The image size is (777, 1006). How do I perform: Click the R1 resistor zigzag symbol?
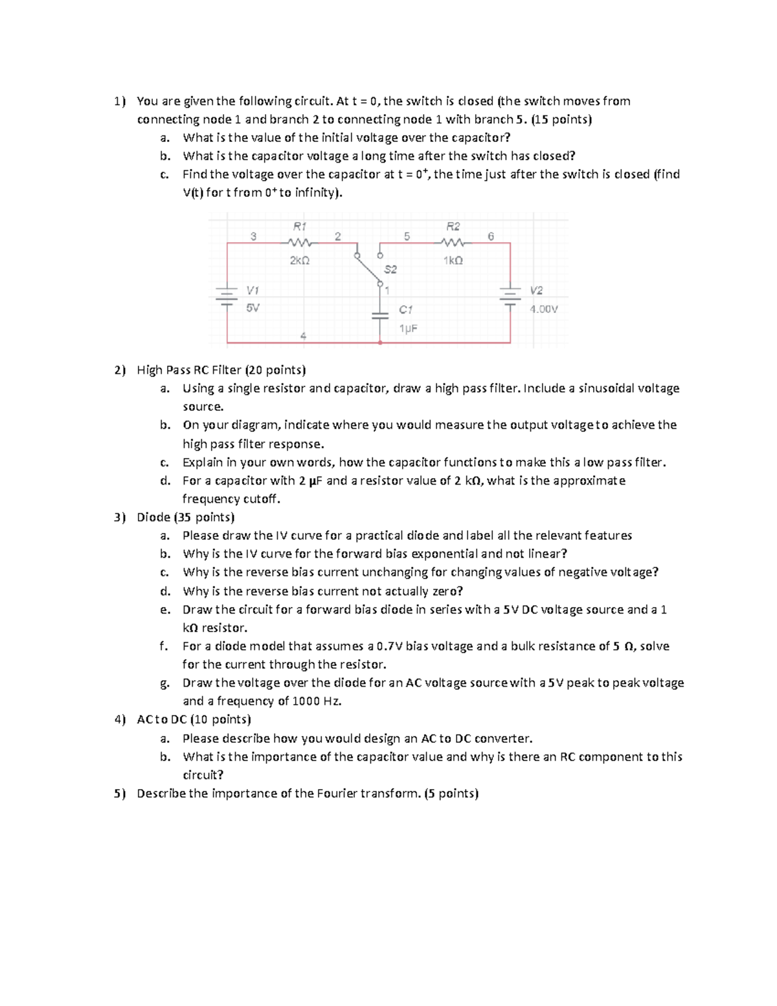click(x=299, y=243)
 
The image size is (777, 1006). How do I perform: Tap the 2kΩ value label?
click(x=299, y=260)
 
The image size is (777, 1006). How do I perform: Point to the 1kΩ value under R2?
click(x=453, y=260)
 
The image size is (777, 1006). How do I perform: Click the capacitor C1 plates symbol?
click(x=379, y=315)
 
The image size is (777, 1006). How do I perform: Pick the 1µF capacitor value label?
click(x=408, y=328)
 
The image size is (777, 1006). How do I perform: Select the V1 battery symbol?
click(x=227, y=297)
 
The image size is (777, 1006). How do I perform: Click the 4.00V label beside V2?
click(x=543, y=309)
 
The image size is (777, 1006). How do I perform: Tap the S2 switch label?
click(x=390, y=269)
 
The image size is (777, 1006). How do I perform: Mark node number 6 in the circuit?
click(x=490, y=236)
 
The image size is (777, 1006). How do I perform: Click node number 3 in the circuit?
click(x=254, y=236)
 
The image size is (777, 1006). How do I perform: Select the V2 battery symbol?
click(x=510, y=297)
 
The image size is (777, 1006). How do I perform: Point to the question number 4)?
click(x=120, y=719)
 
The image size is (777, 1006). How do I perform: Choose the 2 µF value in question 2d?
click(x=310, y=481)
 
